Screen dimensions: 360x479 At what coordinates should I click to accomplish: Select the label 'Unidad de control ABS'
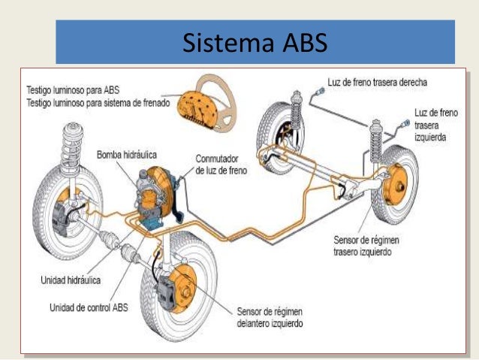pyautogui.click(x=89, y=306)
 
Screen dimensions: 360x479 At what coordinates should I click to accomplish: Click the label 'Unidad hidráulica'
pyautogui.click(x=71, y=279)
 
